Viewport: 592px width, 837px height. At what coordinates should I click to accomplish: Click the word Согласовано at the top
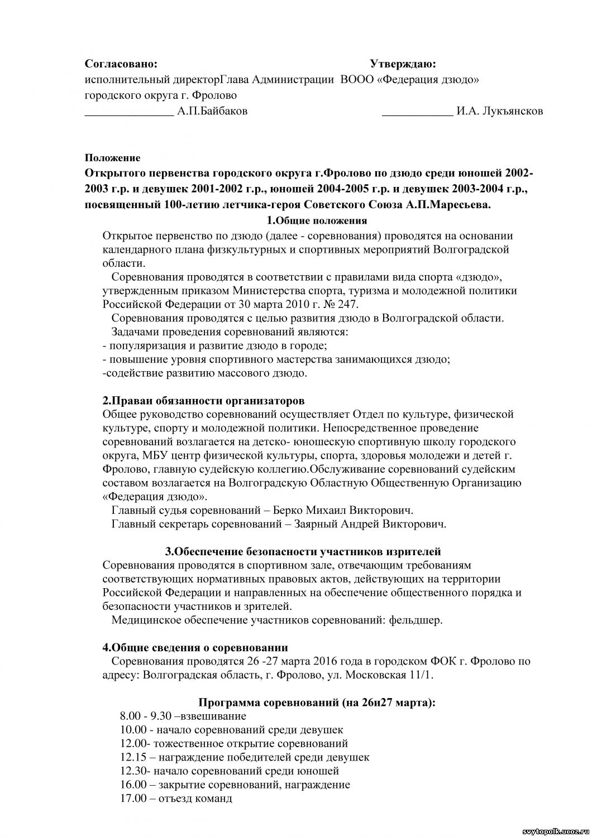coord(121,65)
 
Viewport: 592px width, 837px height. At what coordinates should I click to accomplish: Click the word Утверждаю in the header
coord(403,65)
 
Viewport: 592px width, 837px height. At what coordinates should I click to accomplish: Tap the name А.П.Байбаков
coord(212,111)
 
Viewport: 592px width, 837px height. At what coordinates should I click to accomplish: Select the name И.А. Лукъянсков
coord(499,111)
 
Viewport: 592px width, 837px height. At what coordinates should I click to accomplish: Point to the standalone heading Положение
coord(113,158)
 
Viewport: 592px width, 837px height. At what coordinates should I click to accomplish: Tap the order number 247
coord(347,305)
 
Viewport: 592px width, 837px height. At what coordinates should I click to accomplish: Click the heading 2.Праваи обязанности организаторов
coord(203,401)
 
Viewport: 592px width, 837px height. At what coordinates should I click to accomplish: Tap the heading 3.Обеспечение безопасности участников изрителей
coord(303,552)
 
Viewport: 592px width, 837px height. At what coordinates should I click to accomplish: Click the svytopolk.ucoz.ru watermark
coord(555,831)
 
